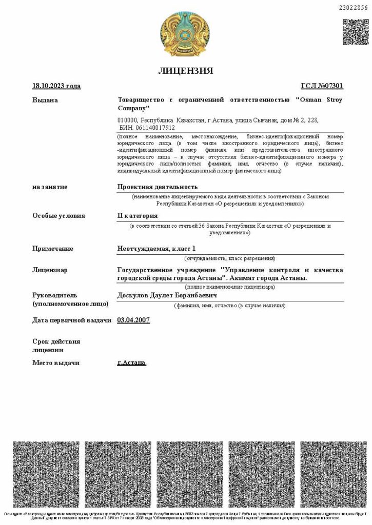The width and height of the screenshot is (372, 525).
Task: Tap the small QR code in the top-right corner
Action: click(355, 32)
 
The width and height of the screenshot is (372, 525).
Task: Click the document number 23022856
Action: click(354, 7)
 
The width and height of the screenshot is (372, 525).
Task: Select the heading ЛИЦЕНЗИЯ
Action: click(186, 71)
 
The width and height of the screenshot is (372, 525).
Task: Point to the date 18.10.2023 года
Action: click(56, 86)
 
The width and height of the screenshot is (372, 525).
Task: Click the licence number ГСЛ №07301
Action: click(322, 86)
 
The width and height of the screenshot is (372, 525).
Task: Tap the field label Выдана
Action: click(45, 100)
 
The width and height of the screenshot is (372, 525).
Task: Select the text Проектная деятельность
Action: click(158, 187)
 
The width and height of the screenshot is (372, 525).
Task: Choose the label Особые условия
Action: click(59, 216)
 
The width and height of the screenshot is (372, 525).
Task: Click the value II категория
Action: click(138, 216)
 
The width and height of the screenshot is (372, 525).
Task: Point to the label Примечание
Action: click(53, 249)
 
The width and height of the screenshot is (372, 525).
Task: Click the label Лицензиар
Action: click(50, 270)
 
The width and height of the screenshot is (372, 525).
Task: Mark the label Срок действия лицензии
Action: click(56, 346)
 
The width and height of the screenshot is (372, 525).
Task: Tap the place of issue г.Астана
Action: click(131, 363)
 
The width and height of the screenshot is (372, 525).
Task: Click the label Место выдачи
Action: click(56, 363)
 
